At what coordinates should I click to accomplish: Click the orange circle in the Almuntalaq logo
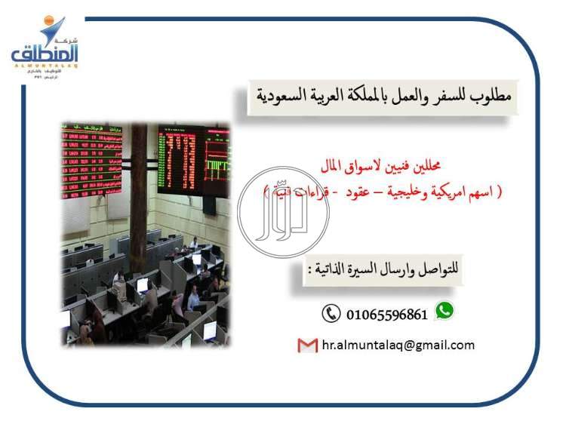coord(51,21)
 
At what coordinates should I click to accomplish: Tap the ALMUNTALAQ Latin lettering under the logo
coord(45,66)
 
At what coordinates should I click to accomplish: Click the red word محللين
coord(439,165)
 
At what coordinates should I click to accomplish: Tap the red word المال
coord(330,165)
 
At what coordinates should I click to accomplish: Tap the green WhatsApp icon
coord(445,309)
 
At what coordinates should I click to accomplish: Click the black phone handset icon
coord(331,313)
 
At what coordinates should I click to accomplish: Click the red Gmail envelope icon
coord(307,346)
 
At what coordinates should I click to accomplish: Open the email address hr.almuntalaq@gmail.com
coord(398,346)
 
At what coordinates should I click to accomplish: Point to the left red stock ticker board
coord(91,158)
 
